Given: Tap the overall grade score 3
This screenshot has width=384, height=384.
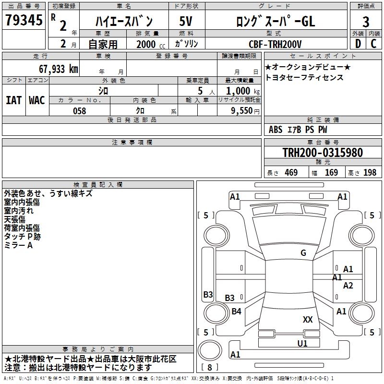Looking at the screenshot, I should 366,22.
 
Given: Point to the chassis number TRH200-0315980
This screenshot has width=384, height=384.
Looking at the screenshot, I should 323,153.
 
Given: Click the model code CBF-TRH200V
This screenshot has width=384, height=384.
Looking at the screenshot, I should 275,44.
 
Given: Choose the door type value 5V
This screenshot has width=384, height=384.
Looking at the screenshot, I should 186,22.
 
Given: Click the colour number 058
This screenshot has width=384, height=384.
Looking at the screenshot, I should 79,111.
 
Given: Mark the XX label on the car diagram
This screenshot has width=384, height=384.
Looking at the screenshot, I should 308,319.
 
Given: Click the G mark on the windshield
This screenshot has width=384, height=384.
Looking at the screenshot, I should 303,253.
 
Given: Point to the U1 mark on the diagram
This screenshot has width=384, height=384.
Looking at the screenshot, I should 302,343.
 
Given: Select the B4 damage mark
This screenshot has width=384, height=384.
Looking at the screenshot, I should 236,312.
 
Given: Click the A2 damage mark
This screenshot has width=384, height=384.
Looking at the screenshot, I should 348,286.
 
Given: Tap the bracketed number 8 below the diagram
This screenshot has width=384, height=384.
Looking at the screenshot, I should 210,367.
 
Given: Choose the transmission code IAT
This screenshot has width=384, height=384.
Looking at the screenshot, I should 13,100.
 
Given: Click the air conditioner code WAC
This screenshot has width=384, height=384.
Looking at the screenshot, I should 37,100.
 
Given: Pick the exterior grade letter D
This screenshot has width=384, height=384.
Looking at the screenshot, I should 358,44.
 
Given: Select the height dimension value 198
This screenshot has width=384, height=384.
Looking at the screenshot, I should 370,173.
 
